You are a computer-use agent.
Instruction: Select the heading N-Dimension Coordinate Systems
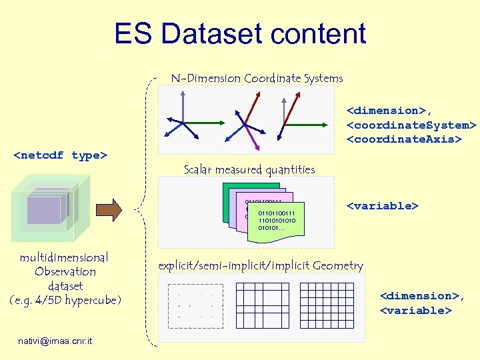click(x=257, y=78)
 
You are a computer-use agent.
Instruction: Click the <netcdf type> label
click(x=60, y=155)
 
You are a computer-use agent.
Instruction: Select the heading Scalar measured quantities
click(x=249, y=169)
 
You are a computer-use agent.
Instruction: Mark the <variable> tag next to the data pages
click(x=382, y=205)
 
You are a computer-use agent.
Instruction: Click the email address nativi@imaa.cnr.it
click(x=56, y=341)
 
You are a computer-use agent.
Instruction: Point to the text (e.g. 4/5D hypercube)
click(x=65, y=301)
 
